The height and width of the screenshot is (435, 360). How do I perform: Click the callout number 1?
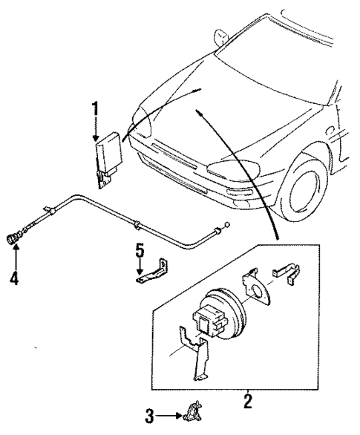tap(95, 109)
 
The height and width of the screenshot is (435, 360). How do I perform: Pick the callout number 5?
tap(139, 251)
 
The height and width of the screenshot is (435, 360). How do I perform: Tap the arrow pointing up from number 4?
tap(14, 260)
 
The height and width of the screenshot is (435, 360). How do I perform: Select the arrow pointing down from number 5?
tap(140, 269)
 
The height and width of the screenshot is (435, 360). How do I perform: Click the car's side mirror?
tap(220, 36)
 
